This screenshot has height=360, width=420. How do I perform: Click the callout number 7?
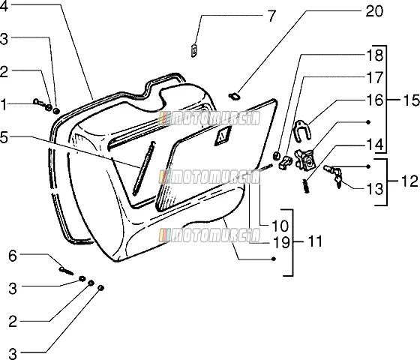pyautogui.click(x=271, y=16)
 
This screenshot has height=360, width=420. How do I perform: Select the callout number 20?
pyautogui.click(x=374, y=11)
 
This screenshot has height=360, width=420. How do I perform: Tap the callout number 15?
pyautogui.click(x=410, y=100)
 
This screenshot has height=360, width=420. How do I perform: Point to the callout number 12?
pyautogui.click(x=409, y=181)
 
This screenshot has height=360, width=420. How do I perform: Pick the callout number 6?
pyautogui.click(x=12, y=256)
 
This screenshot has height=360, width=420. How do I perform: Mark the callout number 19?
pyautogui.click(x=281, y=242)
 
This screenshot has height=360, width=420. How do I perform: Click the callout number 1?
pyautogui.click(x=3, y=104)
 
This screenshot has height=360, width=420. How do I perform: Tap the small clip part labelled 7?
pyautogui.click(x=193, y=50)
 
